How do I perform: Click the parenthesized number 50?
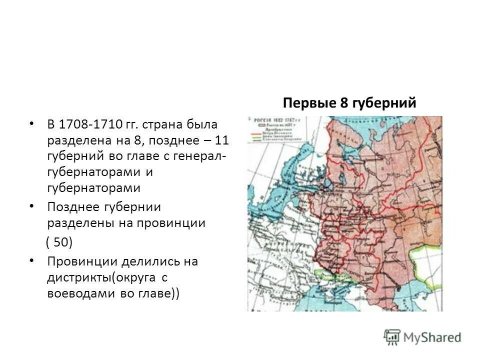click(59, 242)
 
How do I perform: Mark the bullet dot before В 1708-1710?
click(32, 123)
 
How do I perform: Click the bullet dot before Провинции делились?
click(32, 260)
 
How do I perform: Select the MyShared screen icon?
click(392, 337)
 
